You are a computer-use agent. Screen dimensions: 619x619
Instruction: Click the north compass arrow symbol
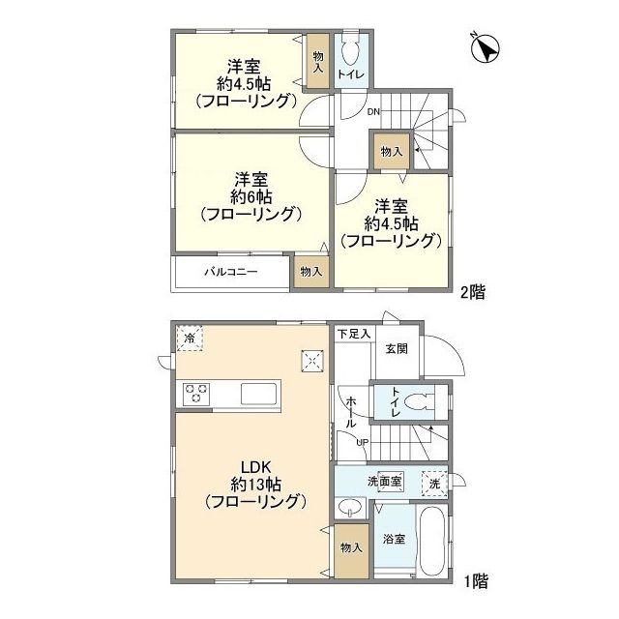pos(485,46)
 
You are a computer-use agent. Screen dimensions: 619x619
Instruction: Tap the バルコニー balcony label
pos(230,272)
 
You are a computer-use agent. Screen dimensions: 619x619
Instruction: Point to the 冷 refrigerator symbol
pos(190,339)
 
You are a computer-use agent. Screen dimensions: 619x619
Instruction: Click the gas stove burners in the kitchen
pos(196,394)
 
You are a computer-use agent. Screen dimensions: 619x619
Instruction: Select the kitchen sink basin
pos(259,394)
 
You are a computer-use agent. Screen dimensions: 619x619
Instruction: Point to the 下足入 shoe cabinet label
pos(353,334)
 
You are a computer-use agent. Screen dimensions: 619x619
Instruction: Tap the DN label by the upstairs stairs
pos(372,112)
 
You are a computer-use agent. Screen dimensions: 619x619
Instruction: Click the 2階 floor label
pos(472,291)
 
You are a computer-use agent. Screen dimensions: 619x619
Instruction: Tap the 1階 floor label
pos(474,581)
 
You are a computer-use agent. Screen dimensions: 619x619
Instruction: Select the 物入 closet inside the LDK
pos(350,548)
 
